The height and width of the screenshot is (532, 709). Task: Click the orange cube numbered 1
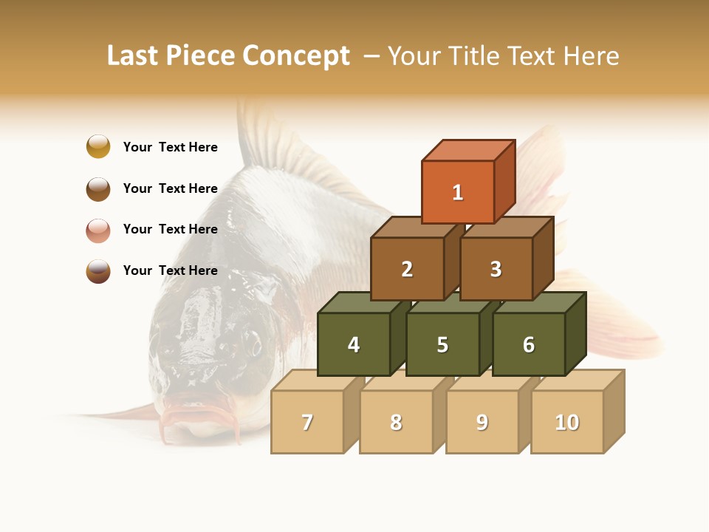(x=458, y=192)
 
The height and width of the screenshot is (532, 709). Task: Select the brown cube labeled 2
(x=407, y=269)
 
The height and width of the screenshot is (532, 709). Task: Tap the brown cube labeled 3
(x=496, y=269)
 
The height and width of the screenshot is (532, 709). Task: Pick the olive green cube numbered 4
(x=354, y=344)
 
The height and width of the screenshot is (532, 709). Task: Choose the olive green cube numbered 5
(x=442, y=344)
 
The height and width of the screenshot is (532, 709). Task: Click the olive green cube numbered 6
(x=529, y=344)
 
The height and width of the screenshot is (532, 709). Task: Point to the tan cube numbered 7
(x=307, y=422)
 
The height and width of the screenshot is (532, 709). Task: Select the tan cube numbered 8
(x=396, y=422)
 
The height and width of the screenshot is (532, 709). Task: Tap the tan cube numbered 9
(x=482, y=422)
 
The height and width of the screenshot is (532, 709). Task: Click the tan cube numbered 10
(x=567, y=422)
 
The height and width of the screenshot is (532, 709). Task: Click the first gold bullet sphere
(x=98, y=146)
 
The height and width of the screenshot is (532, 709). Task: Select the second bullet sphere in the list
(x=98, y=188)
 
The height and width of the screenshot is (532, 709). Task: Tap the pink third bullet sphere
(x=98, y=230)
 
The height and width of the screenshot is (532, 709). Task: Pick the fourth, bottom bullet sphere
(x=98, y=270)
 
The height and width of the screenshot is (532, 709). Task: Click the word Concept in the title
(x=296, y=56)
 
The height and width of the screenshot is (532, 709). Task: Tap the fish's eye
(x=253, y=344)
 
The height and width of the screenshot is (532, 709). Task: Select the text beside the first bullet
(x=171, y=147)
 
